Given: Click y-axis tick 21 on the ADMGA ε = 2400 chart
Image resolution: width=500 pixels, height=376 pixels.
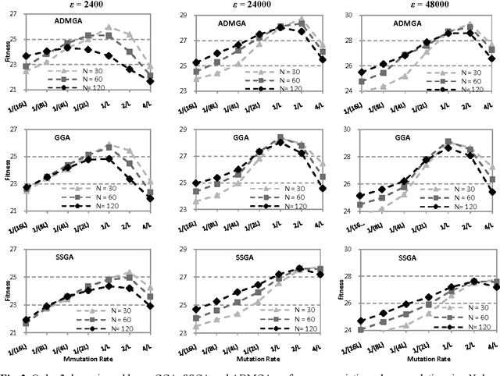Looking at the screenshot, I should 14,90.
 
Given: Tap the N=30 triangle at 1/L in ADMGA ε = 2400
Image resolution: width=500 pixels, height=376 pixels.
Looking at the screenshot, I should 109,27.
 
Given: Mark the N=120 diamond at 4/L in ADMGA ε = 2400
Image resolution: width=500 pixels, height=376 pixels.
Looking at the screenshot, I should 151,81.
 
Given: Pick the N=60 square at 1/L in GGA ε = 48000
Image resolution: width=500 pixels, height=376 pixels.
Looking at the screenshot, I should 448,142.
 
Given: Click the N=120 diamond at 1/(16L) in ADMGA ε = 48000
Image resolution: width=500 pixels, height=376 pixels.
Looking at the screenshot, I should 361,72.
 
